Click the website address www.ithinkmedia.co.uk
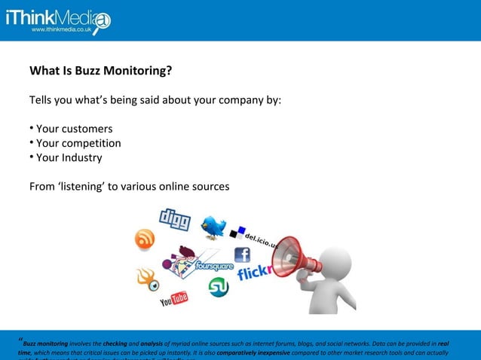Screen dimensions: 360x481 coord(63,29)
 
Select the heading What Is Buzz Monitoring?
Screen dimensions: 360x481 coord(100,72)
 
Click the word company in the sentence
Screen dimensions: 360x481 coord(223,100)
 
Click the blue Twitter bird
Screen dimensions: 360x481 coord(213,226)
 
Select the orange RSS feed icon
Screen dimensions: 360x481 coord(145,239)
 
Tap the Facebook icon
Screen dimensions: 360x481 coord(242,255)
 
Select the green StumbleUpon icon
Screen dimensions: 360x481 coord(219,287)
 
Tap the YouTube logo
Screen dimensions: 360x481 coord(173,301)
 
